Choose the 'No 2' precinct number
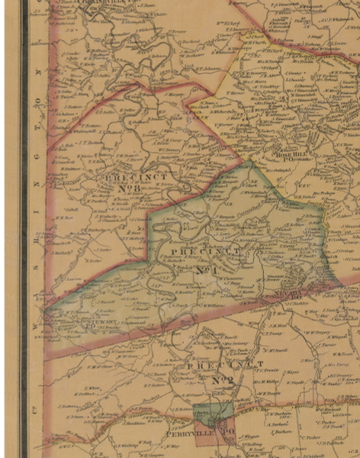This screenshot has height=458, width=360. click(222, 379)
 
